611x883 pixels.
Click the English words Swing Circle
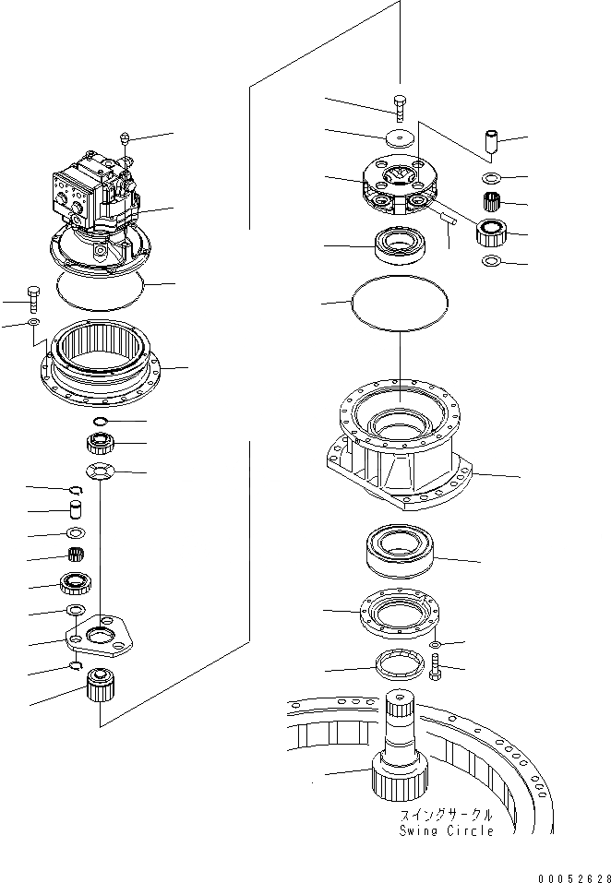447,830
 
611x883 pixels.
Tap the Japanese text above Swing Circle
447,817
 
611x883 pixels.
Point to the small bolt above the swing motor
123,139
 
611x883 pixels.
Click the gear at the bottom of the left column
98,687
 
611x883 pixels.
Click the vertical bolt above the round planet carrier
399,107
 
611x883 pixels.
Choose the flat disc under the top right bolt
399,137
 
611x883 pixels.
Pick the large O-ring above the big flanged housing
398,304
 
